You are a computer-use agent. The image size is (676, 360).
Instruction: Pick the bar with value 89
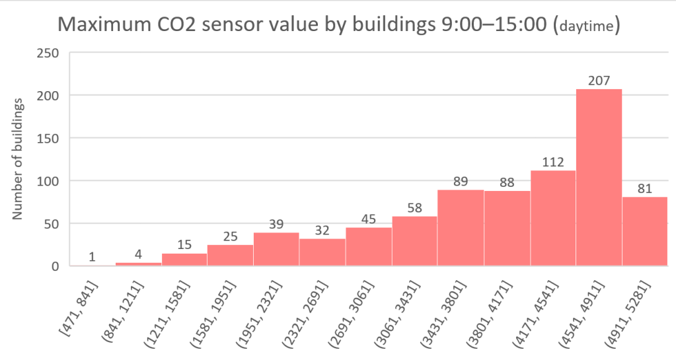coord(460,228)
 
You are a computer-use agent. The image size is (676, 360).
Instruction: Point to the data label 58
coord(414,207)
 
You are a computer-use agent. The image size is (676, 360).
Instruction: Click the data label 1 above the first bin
coord(93,256)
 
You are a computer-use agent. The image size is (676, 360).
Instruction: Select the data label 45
coord(368,218)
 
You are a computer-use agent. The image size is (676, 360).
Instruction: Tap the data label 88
coord(507,181)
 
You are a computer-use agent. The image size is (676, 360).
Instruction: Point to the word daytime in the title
coord(585,28)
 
